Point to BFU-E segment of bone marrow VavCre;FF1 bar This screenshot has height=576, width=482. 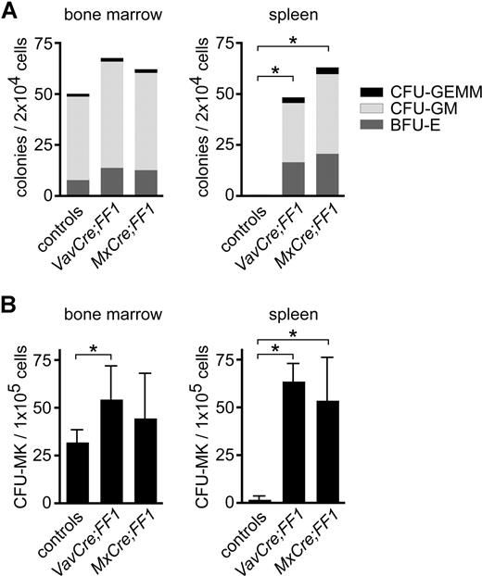[112, 182]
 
